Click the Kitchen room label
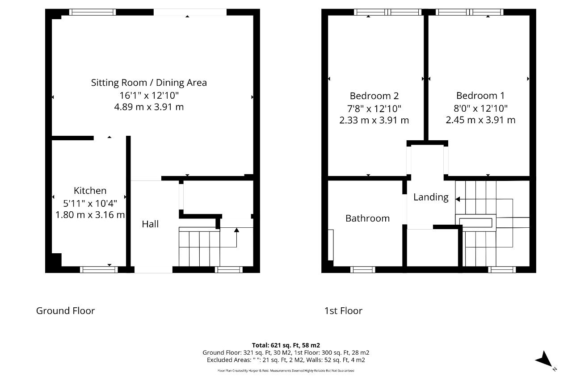[x=90, y=191]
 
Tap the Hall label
[x=150, y=224]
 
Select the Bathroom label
[x=367, y=218]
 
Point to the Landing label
[x=431, y=197]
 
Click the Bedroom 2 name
[x=374, y=96]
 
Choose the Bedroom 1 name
[x=480, y=96]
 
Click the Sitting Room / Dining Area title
[x=149, y=83]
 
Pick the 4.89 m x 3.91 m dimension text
[x=149, y=107]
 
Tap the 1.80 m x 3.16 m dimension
[x=90, y=215]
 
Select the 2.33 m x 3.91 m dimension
[x=374, y=120]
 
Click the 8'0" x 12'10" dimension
[x=480, y=109]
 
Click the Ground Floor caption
[x=65, y=311]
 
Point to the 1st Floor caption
[x=343, y=311]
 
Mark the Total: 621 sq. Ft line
[x=286, y=345]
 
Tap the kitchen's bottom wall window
[x=99, y=270]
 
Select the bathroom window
[x=362, y=270]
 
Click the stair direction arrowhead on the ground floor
[x=236, y=230]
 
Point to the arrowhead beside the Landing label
[x=458, y=199]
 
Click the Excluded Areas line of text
[x=286, y=360]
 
